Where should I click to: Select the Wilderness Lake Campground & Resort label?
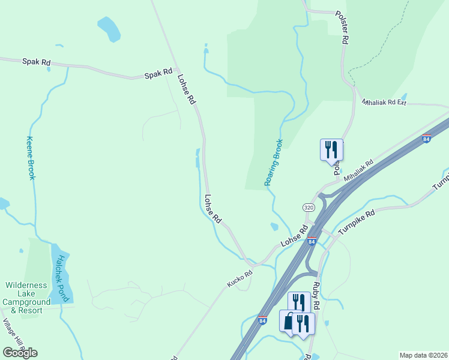(x=31, y=298)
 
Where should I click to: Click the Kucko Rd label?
(x=240, y=278)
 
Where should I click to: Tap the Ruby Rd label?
(x=316, y=296)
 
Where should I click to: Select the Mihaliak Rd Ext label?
(x=384, y=103)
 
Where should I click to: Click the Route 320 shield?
(x=309, y=207)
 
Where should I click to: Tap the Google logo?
(x=20, y=352)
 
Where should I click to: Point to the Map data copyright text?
(x=424, y=355)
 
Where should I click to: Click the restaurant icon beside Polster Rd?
(x=331, y=149)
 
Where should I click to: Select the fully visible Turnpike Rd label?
(x=356, y=221)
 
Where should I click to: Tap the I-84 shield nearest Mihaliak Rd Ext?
(x=426, y=139)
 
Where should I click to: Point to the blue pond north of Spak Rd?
(x=109, y=28)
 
